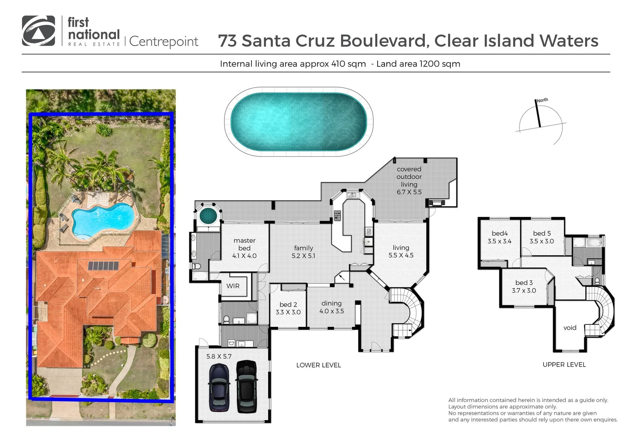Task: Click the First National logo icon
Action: point(38,31)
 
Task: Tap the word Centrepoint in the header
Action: point(164,42)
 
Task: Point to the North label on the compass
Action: point(542,100)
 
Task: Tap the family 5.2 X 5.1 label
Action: point(303,252)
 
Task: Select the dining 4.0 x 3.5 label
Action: point(332,307)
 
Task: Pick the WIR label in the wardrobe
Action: point(233,286)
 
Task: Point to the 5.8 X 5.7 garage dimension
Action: point(219,356)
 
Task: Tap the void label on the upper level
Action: point(570,328)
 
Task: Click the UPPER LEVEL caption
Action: point(564,365)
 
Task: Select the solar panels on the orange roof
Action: point(103,265)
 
